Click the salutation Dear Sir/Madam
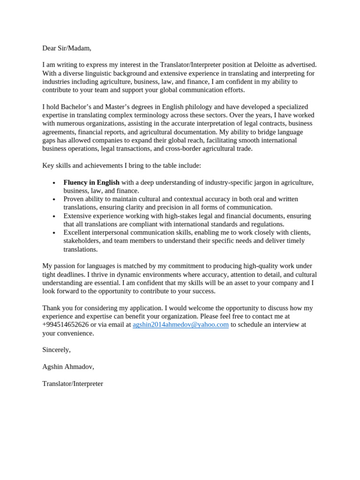(x=67, y=48)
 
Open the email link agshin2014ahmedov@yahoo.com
(x=180, y=324)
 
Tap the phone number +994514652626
(x=65, y=324)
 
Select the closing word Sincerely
(x=56, y=350)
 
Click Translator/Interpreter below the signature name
(x=73, y=383)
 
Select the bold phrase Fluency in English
(x=91, y=182)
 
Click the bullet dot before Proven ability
(x=54, y=200)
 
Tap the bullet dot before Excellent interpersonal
(x=54, y=233)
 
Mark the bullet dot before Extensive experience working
(x=54, y=217)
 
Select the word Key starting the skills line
(x=48, y=165)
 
